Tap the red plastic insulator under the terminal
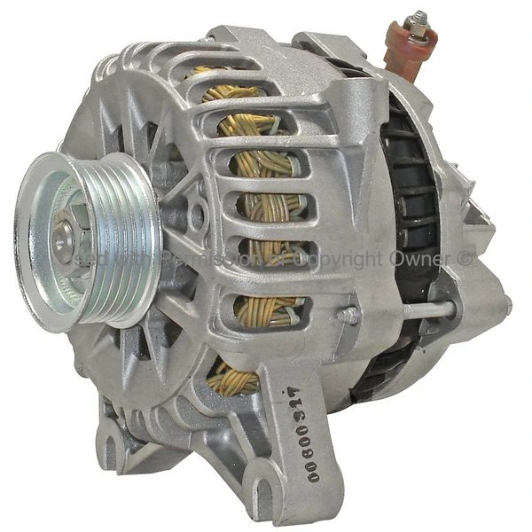pyautogui.click(x=406, y=53)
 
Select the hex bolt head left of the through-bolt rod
pyautogui.click(x=348, y=315)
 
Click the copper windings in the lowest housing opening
pyautogui.click(x=233, y=379)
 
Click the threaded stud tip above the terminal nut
pyautogui.click(x=418, y=16)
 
